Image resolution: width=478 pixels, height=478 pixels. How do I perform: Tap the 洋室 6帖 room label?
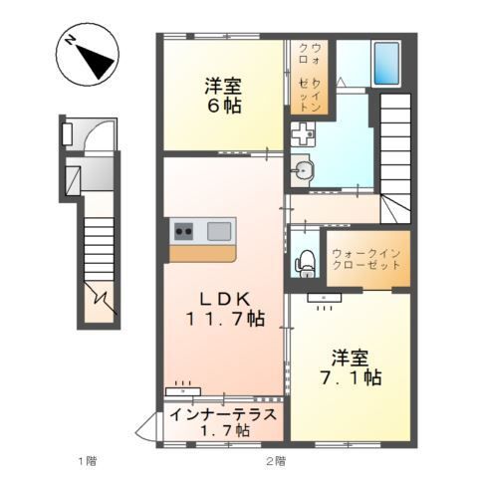[x=225, y=95]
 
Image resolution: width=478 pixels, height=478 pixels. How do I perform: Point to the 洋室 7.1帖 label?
[x=351, y=365]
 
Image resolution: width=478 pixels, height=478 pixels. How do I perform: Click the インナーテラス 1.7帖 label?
[x=222, y=423]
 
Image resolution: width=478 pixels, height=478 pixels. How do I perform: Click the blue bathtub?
[x=385, y=62]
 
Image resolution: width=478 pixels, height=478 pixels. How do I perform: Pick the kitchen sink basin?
[x=219, y=232]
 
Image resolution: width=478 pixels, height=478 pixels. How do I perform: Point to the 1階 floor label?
[x=88, y=460]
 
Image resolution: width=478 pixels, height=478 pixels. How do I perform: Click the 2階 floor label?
[x=275, y=460]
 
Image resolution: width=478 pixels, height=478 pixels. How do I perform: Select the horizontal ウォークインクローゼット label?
[x=366, y=259]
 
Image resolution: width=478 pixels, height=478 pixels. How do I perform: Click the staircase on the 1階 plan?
[x=100, y=249]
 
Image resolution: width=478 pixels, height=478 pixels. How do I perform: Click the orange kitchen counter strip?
[x=202, y=252]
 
